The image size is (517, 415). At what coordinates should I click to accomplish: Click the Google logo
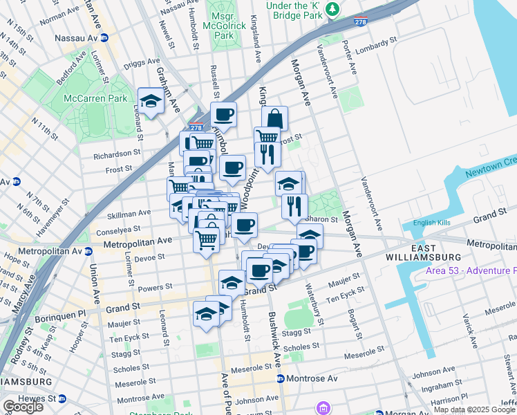point(23,406)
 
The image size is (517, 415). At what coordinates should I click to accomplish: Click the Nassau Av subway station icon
point(104,38)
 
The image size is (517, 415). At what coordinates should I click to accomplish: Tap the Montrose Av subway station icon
point(280,379)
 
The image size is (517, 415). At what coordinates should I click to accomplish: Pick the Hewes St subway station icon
point(62,399)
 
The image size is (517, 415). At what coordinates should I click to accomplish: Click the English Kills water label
point(432,223)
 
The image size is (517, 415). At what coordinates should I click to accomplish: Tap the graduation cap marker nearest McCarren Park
point(151,101)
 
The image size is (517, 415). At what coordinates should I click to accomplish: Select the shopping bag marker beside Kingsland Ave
point(274,118)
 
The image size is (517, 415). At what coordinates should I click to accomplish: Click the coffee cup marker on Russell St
point(223,115)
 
